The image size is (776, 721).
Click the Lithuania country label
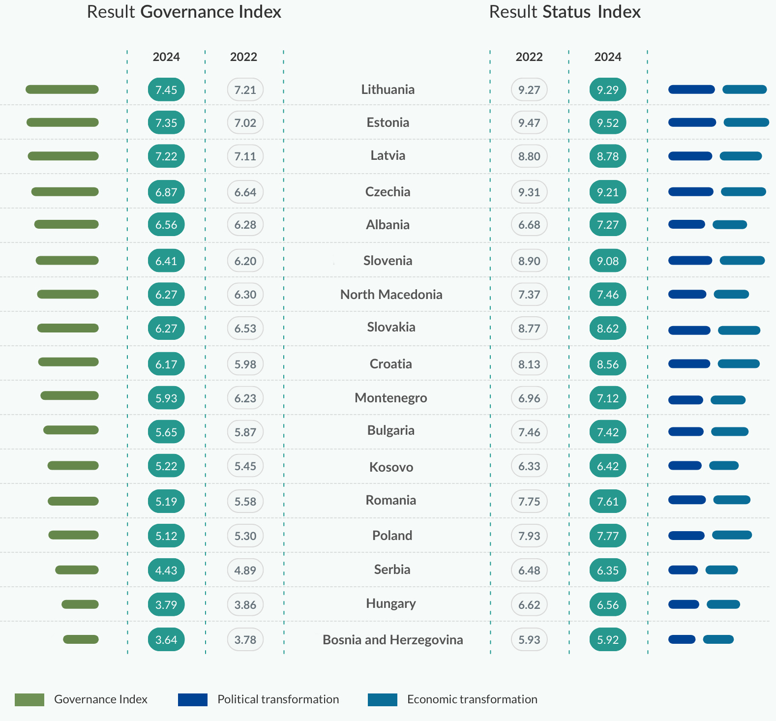point(388,90)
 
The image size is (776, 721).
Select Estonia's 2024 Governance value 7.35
point(166,122)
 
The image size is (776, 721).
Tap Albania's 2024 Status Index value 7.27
point(608,225)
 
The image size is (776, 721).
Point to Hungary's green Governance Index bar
point(80,604)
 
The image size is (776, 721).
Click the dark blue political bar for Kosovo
point(685,466)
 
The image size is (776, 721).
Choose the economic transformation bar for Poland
point(732,535)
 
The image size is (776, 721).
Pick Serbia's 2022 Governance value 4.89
point(245,571)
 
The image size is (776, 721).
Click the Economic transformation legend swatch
point(382,699)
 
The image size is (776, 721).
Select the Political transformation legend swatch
point(192,699)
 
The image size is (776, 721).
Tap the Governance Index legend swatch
point(30,699)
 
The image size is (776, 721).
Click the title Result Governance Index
point(184,12)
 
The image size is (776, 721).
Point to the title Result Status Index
point(565,12)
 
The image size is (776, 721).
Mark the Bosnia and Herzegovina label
point(392,640)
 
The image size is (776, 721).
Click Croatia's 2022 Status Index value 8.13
point(529,364)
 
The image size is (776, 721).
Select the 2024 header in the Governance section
point(166,57)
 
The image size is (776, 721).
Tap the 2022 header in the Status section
point(529,57)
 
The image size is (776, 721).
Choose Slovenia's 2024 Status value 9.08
point(608,261)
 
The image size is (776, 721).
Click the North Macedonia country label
point(391,295)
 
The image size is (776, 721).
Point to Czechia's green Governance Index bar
point(65,192)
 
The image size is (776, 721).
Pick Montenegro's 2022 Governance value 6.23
point(245,398)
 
